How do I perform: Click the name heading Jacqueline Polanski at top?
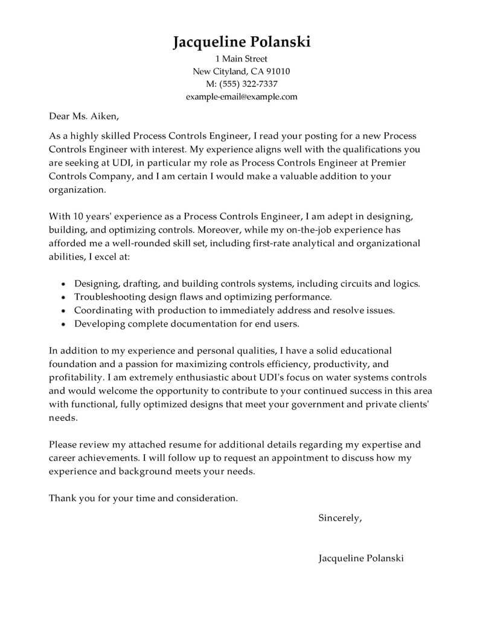(x=241, y=42)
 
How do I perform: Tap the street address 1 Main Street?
(x=241, y=59)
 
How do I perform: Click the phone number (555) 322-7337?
(x=249, y=84)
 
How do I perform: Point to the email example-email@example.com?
(x=241, y=97)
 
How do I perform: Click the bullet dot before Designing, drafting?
(x=64, y=283)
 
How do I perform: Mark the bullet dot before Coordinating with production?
(x=64, y=310)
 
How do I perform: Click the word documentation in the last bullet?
(x=202, y=324)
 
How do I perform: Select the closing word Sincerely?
(x=340, y=518)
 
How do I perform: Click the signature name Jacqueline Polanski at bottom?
(x=361, y=558)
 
